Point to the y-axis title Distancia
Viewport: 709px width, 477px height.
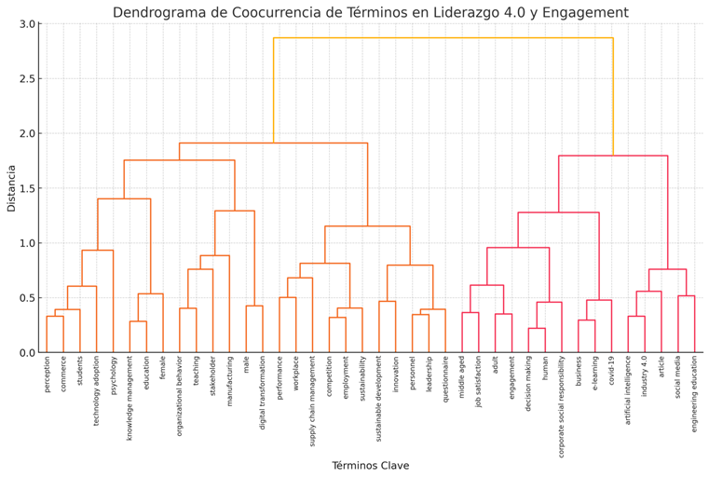12,188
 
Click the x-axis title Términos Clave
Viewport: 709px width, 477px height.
370,466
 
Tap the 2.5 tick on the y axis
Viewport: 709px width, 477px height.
28,78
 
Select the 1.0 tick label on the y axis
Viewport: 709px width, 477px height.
28,243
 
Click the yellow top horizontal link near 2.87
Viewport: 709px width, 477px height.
443,38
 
